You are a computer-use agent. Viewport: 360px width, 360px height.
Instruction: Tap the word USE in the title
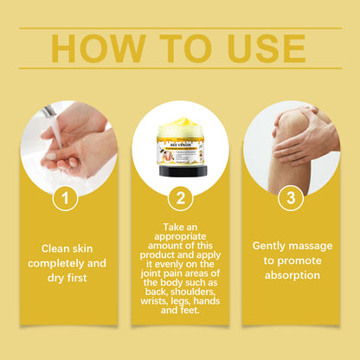point(259,48)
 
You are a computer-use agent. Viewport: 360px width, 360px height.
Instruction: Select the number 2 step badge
point(180,198)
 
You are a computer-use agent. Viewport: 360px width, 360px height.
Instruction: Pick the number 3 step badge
point(291,198)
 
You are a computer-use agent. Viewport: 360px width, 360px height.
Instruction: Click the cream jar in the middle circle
point(180,148)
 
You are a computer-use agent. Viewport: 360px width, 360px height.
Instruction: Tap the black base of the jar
point(180,170)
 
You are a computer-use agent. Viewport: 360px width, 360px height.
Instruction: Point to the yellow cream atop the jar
point(180,125)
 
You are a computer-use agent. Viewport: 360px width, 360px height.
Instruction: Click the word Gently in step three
point(269,246)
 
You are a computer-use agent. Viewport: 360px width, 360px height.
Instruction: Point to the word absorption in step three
point(291,275)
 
